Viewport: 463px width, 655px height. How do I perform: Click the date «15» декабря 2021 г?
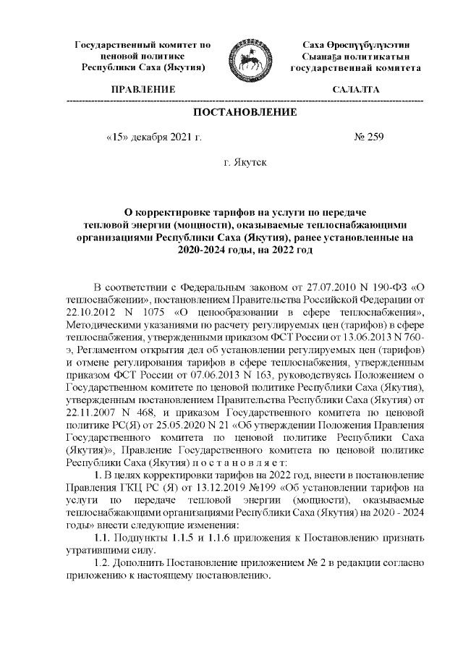point(153,136)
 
